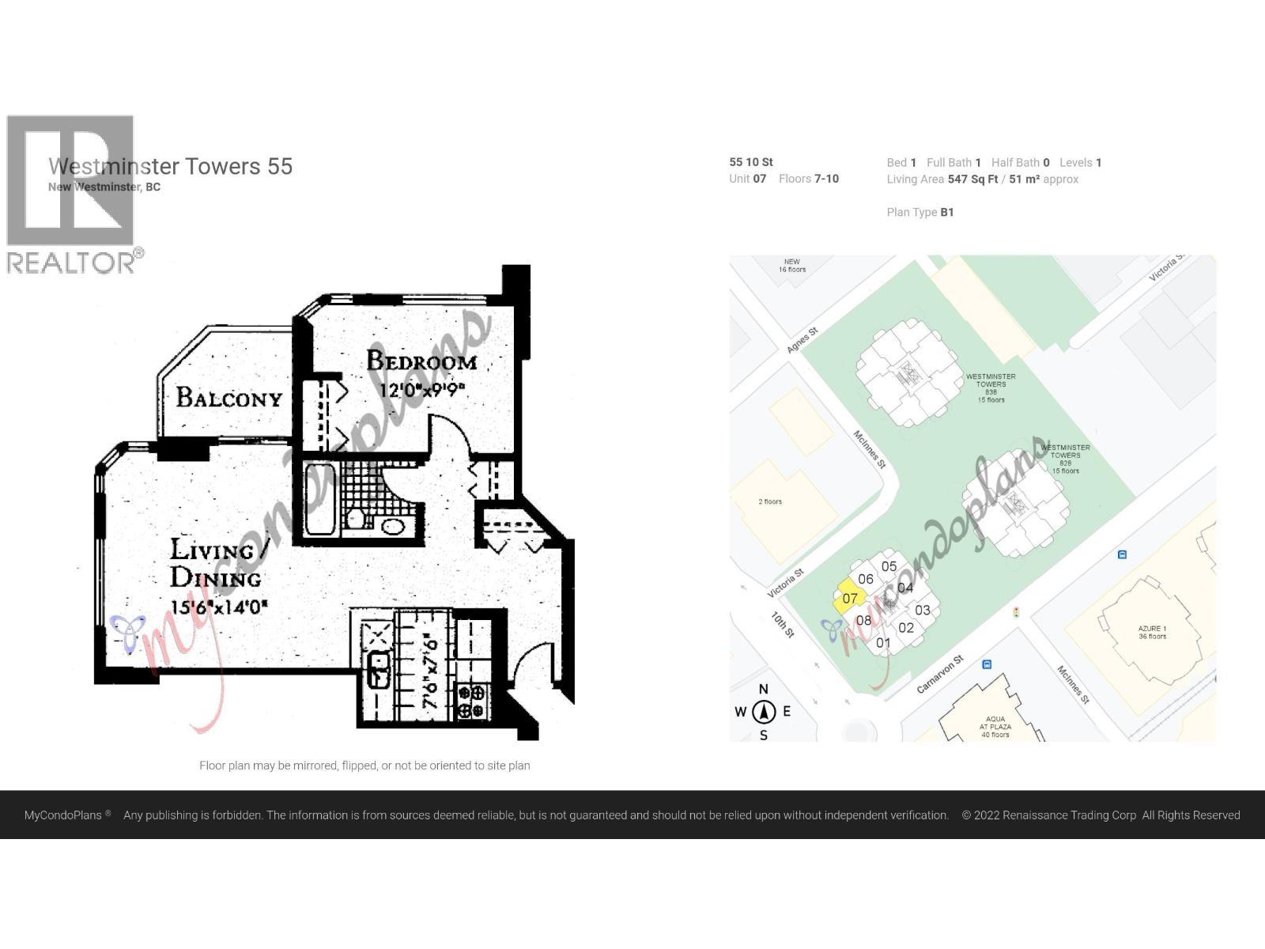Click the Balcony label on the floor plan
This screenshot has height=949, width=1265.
click(x=228, y=397)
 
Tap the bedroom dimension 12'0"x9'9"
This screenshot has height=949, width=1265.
click(x=421, y=390)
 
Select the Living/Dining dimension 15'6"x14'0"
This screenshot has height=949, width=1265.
click(x=219, y=607)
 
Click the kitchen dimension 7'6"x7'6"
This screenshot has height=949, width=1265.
click(x=431, y=670)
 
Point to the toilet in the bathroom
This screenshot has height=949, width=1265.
click(x=356, y=519)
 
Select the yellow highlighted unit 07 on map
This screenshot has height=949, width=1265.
click(x=849, y=598)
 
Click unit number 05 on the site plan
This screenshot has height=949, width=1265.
click(x=889, y=566)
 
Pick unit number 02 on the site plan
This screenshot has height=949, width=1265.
click(x=906, y=628)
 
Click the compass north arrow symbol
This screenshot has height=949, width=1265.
click(x=763, y=712)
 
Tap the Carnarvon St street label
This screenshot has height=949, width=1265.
click(x=940, y=675)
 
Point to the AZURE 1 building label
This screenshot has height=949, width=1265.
click(x=1152, y=632)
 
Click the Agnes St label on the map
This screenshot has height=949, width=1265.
click(x=802, y=341)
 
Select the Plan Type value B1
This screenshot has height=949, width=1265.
click(x=946, y=212)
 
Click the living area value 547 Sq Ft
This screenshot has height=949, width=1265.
click(x=972, y=179)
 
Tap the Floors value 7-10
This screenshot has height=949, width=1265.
click(x=826, y=179)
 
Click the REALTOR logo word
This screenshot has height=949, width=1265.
click(x=71, y=263)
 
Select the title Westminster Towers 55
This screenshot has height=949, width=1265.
click(x=170, y=166)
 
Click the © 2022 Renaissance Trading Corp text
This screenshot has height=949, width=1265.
click(x=1048, y=815)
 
